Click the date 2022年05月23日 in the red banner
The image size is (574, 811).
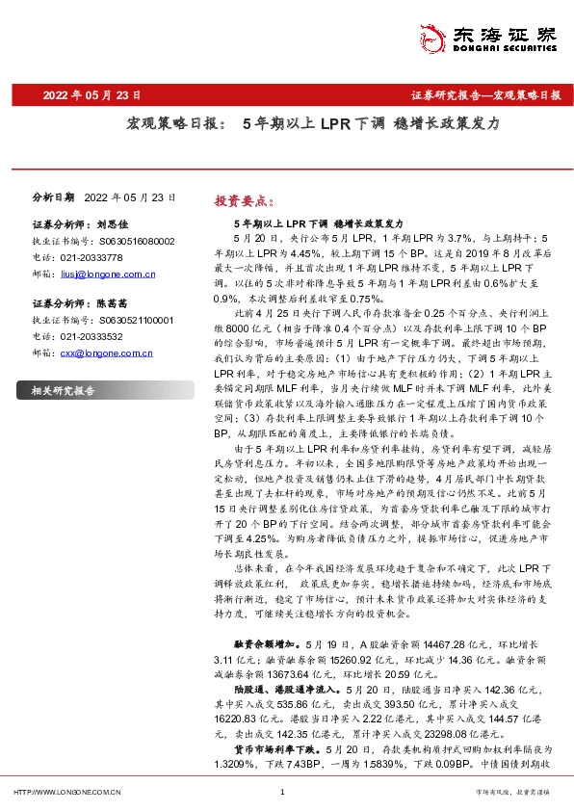pos(94,95)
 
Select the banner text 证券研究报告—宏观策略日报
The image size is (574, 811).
pos(485,95)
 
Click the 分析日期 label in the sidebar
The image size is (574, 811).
pos(53,196)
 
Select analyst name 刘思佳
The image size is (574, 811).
pos(114,222)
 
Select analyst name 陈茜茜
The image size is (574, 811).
pos(114,302)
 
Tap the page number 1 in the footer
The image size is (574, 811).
pos(281,792)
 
